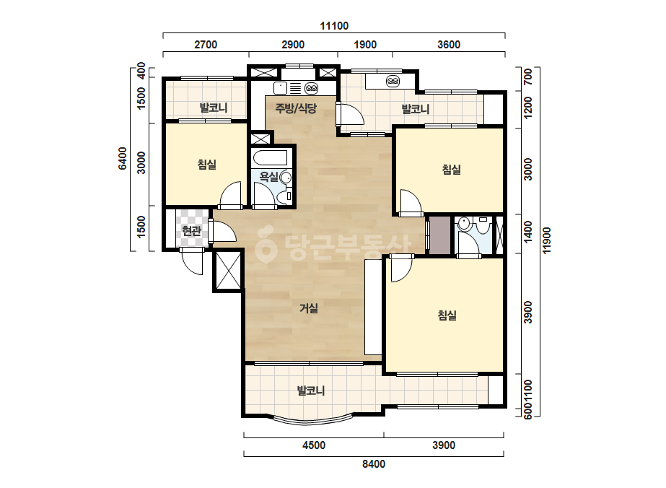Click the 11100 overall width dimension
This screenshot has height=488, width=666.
334,26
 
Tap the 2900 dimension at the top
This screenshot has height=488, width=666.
293,45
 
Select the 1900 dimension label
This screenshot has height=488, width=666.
365,45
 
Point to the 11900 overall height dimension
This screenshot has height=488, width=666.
547,240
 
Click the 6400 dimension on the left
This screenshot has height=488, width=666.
123,159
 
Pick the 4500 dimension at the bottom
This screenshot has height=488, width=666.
314,445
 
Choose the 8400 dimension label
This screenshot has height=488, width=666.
374,463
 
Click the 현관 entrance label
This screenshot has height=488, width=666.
191,231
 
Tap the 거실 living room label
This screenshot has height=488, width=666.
309,308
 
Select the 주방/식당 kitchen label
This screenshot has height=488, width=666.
296,108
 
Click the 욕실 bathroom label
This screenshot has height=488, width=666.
269,176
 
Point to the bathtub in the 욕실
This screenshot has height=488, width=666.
270,157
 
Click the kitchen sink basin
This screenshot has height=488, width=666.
281,88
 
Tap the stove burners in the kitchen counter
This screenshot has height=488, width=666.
311,88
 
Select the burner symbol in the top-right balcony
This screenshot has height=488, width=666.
393,81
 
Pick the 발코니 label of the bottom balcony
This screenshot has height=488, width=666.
311,391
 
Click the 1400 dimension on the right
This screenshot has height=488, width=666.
528,232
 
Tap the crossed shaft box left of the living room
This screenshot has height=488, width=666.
228,271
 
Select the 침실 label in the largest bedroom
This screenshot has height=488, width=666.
447,315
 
